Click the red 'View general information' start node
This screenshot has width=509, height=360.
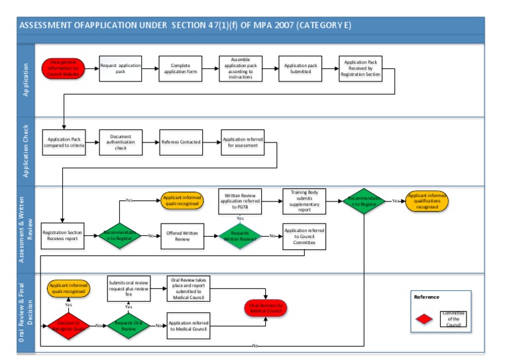click(x=64, y=68)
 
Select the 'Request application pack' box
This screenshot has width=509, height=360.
click(x=120, y=68)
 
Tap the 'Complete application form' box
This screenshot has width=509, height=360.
click(x=180, y=68)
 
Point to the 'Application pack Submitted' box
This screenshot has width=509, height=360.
click(x=300, y=68)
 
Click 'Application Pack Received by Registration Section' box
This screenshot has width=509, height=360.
click(x=361, y=68)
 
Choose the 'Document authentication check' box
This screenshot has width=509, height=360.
click(x=120, y=141)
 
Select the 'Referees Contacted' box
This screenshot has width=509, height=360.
click(x=180, y=141)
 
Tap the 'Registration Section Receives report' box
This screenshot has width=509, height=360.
click(x=64, y=236)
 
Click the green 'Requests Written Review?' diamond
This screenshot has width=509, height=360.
click(x=240, y=236)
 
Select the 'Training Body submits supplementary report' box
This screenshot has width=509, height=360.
click(x=304, y=201)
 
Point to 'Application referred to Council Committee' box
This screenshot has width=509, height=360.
click(x=304, y=236)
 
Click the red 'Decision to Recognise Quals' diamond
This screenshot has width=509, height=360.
click(x=69, y=326)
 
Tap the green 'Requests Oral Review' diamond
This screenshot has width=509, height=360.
click(x=129, y=326)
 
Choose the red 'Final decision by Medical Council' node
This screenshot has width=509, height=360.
click(x=266, y=308)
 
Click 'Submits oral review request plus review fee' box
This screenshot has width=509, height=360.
click(x=129, y=289)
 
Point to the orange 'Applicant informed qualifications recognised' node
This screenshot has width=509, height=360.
click(x=427, y=201)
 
